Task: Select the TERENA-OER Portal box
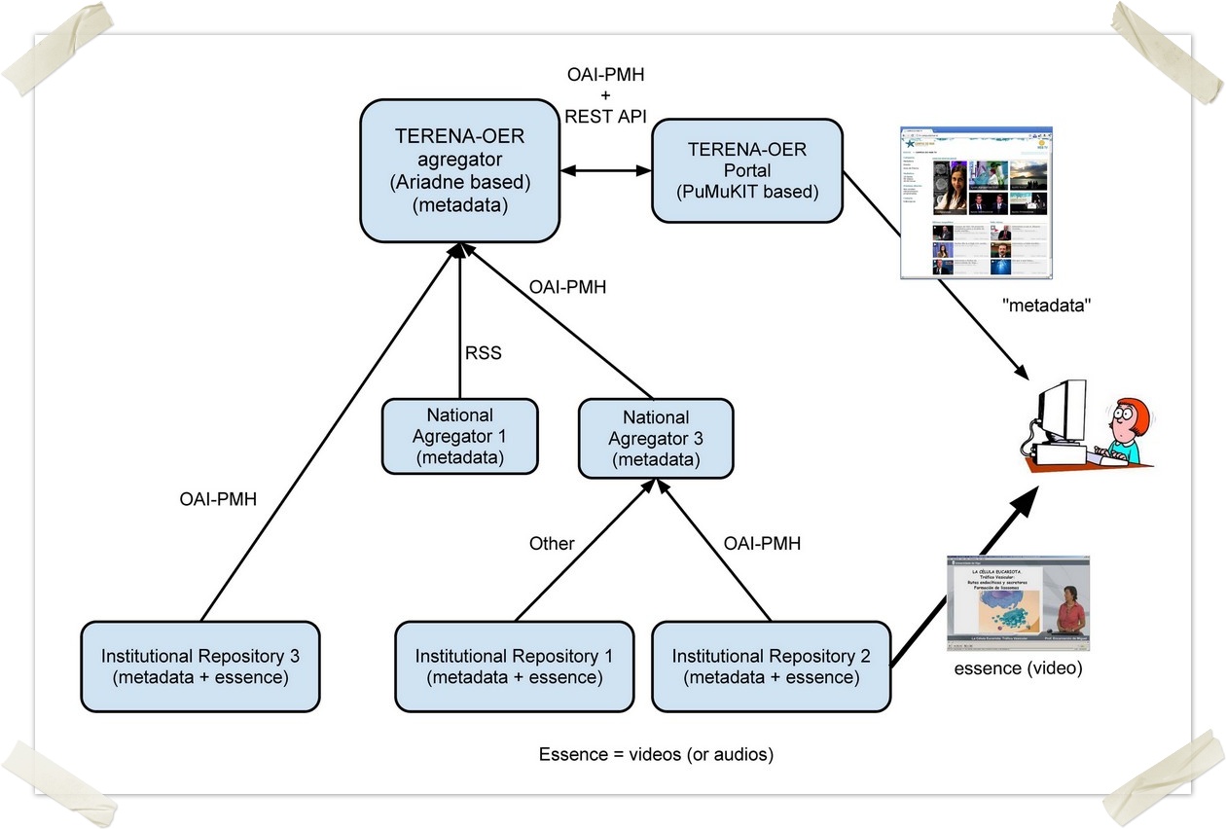747,170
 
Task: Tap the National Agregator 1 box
459,436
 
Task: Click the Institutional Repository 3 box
200,666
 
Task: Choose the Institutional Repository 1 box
514,666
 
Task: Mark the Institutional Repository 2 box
771,666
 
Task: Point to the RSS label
483,353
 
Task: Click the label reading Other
552,544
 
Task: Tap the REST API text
605,115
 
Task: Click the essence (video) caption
1018,668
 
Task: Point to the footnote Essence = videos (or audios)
657,754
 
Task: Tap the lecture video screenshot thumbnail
1018,604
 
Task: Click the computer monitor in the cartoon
1062,414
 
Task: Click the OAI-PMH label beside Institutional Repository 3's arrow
220,499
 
